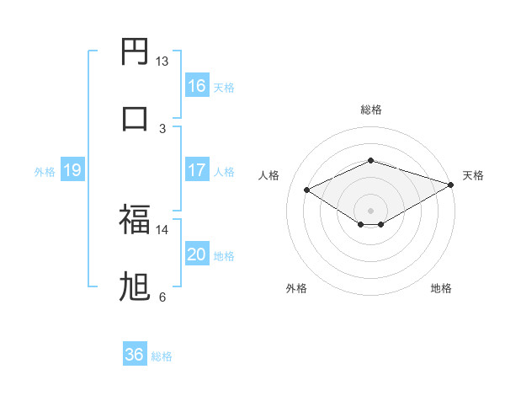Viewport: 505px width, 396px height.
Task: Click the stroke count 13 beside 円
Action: (162, 62)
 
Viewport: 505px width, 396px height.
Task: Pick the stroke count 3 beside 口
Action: (162, 128)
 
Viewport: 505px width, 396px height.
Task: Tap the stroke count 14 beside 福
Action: (162, 229)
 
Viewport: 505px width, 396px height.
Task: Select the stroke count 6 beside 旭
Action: (162, 297)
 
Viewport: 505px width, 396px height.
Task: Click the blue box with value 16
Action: (197, 85)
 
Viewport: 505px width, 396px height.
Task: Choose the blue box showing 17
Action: (197, 170)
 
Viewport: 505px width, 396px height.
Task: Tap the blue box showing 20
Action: (197, 254)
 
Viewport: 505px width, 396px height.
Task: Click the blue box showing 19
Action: (72, 170)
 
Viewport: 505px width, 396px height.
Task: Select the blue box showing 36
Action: (135, 355)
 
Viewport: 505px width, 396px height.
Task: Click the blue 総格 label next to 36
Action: (162, 356)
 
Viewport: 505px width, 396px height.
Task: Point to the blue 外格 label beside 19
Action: (45, 172)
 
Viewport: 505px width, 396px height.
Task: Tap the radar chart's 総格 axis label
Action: (370, 110)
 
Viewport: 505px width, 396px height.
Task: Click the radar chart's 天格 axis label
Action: (473, 175)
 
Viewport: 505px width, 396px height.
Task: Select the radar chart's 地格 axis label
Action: (441, 288)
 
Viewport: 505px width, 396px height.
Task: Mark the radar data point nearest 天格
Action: (452, 185)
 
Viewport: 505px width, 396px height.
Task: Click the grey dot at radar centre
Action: (370, 210)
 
